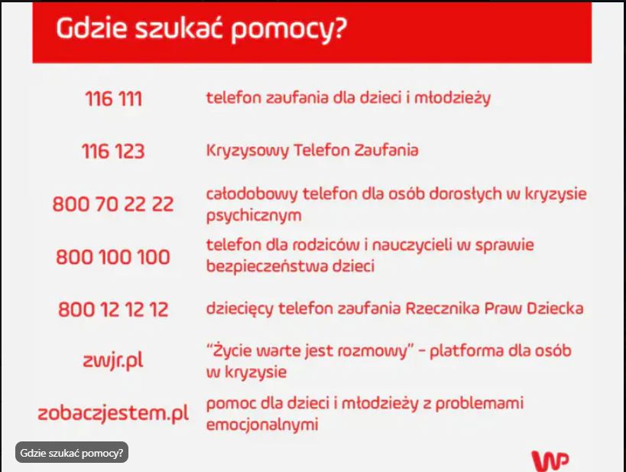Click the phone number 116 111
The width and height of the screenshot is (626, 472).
(x=113, y=99)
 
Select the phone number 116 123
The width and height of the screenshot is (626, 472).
(x=113, y=151)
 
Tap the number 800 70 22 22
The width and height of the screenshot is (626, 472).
(x=113, y=203)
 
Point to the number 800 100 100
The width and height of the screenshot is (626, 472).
(x=113, y=256)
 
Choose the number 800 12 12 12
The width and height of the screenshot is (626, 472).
(x=113, y=309)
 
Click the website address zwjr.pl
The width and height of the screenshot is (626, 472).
(x=113, y=361)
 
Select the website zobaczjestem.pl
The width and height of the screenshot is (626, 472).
(x=113, y=413)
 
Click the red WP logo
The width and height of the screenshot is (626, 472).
(x=550, y=461)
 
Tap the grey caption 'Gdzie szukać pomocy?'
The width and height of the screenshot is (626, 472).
(x=72, y=453)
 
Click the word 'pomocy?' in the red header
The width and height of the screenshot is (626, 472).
(x=289, y=29)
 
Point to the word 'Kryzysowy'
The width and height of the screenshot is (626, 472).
(x=247, y=151)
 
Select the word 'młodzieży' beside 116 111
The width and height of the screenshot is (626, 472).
(x=452, y=99)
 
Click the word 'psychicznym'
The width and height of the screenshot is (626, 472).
(x=254, y=216)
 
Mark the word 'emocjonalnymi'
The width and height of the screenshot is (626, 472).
(x=262, y=425)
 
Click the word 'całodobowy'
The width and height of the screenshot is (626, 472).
(x=251, y=194)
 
